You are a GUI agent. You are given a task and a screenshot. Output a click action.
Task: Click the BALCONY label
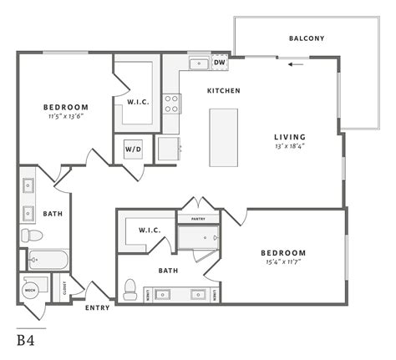coord(306,38)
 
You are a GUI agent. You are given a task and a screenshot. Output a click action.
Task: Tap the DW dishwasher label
coord(220,63)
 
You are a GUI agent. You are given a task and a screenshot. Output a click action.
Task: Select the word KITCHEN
coord(224,90)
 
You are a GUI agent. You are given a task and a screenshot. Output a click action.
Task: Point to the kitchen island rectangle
coord(223,137)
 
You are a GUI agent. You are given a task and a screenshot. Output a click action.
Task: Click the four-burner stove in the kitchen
coord(172,104)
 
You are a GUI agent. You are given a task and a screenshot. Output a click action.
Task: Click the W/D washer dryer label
coord(134,150)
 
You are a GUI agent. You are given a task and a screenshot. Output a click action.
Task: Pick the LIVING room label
coord(290,137)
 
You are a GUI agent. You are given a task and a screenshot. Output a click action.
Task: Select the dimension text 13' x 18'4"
coord(290,148)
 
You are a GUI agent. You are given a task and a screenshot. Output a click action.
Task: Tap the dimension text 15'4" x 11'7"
coord(283,264)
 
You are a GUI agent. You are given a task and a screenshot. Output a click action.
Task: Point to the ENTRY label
coord(97,307)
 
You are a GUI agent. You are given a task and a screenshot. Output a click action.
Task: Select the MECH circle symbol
coord(31,290)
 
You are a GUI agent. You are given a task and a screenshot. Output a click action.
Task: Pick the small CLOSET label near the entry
coord(65,289)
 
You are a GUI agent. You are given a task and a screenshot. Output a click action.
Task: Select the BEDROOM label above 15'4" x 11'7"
coord(282,253)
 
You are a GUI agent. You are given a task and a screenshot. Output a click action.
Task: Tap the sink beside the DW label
coord(198,63)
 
